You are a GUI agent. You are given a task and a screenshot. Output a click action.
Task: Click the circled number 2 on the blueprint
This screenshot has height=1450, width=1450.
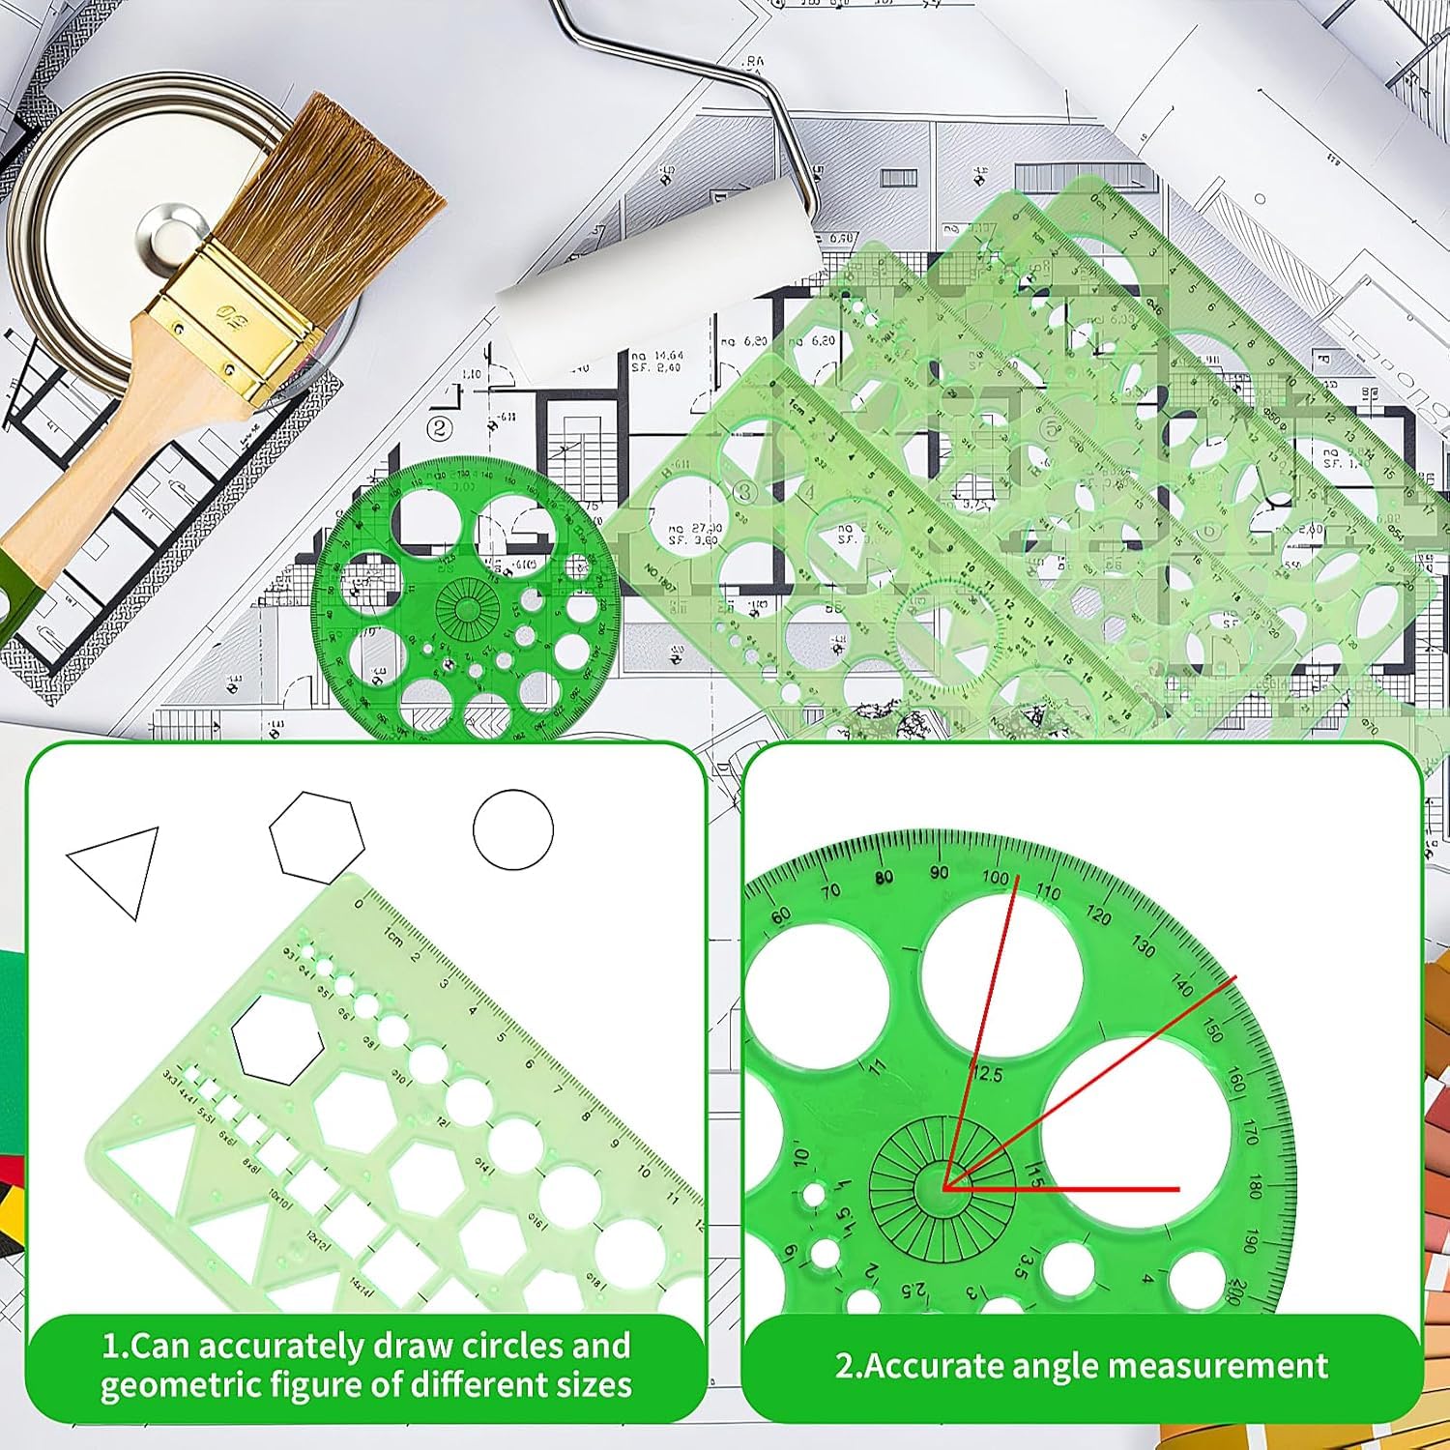[441, 427]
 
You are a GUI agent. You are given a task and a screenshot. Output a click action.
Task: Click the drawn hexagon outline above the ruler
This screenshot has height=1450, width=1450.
[316, 837]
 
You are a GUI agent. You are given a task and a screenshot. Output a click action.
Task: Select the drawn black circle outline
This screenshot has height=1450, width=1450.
[513, 829]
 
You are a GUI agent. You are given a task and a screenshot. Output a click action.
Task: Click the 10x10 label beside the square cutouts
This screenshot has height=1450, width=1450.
[282, 1200]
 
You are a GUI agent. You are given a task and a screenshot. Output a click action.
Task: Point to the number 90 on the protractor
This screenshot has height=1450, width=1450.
[939, 873]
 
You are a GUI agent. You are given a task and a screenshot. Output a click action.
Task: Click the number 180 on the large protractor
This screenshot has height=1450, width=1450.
[1255, 1186]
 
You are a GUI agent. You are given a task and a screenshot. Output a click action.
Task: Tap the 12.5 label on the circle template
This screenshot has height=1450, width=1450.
[986, 1074]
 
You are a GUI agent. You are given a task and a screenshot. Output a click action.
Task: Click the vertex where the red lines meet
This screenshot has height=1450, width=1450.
[944, 1187]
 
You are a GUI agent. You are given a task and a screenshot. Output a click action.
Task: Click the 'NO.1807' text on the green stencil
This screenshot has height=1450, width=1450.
[662, 577]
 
